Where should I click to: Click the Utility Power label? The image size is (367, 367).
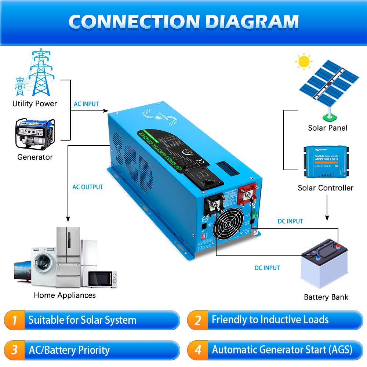tap(34, 103)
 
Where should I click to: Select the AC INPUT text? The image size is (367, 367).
tap(86, 104)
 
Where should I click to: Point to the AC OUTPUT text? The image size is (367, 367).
tap(88, 187)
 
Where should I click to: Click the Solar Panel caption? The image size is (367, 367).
tap(327, 128)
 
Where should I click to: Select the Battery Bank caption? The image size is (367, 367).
tap(326, 297)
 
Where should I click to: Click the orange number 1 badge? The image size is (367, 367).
tap(14, 320)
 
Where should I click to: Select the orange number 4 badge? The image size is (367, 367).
tap(198, 350)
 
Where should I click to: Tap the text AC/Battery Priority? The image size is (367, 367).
tap(69, 350)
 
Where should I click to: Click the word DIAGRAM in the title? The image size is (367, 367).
tap(252, 22)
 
